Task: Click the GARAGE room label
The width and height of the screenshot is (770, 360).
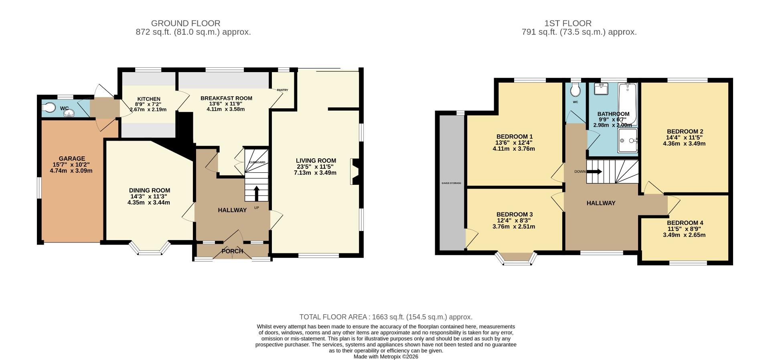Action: click(x=72, y=158)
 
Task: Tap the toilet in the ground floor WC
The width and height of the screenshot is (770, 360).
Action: click(x=49, y=107)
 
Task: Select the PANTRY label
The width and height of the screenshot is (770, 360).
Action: click(x=282, y=90)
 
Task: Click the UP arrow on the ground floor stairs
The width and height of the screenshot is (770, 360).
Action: click(x=256, y=193)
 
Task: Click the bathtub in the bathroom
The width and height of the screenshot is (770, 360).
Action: click(x=627, y=98)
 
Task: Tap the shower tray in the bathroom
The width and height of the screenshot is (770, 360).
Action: click(x=627, y=140)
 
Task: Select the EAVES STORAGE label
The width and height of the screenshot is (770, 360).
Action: click(x=451, y=183)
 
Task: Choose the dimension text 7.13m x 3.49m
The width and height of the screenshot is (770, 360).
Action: click(x=315, y=173)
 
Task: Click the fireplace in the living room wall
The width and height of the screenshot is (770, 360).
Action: click(x=355, y=172)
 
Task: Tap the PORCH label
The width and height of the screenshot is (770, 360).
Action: click(x=232, y=251)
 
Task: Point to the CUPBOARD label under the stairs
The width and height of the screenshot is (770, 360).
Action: click(x=257, y=162)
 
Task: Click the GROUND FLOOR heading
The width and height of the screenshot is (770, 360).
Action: click(x=185, y=23)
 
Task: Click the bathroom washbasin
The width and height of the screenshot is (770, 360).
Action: click(x=600, y=89)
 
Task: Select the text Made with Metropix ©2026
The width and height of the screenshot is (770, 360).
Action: click(x=385, y=356)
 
